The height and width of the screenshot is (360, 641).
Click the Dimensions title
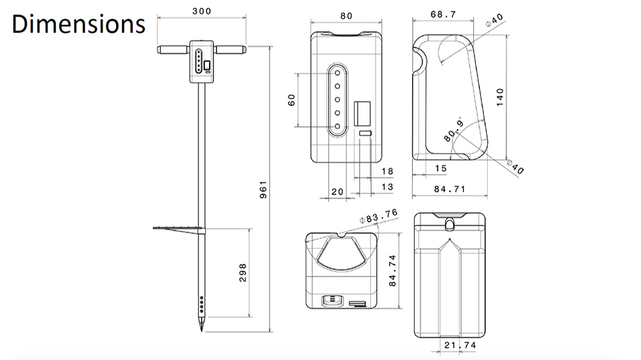(x=78, y=24)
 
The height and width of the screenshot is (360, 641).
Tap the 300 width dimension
(x=201, y=12)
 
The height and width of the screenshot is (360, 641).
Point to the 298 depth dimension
(x=242, y=272)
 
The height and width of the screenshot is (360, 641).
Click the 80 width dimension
(x=346, y=16)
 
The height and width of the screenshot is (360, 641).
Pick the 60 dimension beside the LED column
(x=292, y=101)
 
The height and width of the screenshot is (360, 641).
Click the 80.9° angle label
(x=453, y=131)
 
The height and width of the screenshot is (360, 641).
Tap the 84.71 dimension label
(x=449, y=189)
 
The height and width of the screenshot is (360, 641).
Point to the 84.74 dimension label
(x=392, y=270)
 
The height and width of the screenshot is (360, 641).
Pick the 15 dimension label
(x=440, y=168)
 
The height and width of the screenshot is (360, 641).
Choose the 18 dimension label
(x=387, y=171)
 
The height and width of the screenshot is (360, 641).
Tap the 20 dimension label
(x=337, y=192)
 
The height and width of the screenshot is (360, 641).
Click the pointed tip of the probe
(x=201, y=329)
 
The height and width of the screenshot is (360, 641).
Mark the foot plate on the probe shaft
(x=178, y=227)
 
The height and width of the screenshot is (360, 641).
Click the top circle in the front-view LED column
(x=335, y=73)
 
